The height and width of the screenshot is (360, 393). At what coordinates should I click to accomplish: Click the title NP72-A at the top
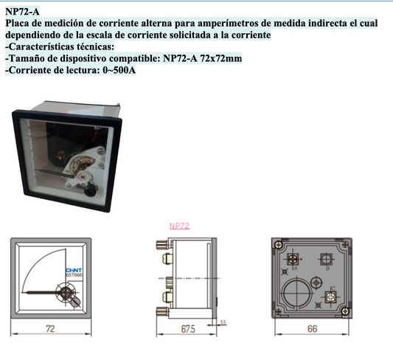(24, 10)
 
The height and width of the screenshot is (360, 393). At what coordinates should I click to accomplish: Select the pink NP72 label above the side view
(179, 226)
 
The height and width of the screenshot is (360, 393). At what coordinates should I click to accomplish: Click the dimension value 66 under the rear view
(312, 329)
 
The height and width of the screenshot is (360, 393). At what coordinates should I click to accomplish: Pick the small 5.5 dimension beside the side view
(223, 322)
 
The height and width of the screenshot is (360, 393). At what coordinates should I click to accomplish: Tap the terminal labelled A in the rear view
(294, 260)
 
